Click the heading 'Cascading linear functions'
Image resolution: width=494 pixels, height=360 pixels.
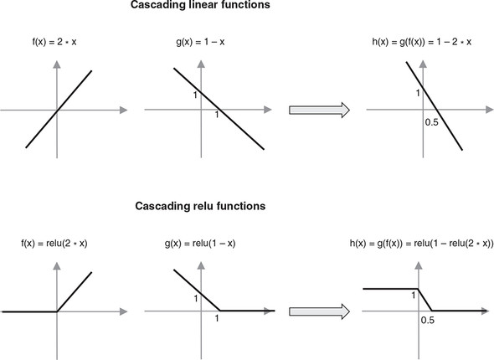tap(200, 5)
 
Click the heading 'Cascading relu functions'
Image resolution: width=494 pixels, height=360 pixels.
tap(200, 206)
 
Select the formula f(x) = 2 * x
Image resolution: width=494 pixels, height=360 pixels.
tap(54, 42)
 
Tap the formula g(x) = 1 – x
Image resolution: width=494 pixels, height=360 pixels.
tap(200, 42)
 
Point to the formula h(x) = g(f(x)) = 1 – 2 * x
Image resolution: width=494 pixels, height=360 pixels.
tap(421, 42)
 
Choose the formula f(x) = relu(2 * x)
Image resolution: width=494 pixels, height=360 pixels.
tap(54, 243)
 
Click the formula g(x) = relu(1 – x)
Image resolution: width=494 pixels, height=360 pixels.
tap(200, 243)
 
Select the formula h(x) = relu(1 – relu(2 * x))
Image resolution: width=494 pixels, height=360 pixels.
tap(421, 243)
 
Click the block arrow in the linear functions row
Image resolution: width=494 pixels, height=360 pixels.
tap(320, 110)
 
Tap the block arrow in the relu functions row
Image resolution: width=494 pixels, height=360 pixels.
tap(320, 311)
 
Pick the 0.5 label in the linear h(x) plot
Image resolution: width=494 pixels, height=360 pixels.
tap(431, 122)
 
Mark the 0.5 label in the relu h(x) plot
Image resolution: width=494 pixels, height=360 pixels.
tap(428, 321)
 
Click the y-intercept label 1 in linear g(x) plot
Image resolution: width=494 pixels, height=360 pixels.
tap(195, 95)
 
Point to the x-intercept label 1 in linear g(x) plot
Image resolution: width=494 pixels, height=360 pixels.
tap(217, 115)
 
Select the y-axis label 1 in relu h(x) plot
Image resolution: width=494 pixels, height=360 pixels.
tap(414, 296)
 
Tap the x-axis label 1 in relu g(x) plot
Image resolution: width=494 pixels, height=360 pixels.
tap(217, 318)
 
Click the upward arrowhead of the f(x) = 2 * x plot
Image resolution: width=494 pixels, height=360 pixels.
tap(57, 64)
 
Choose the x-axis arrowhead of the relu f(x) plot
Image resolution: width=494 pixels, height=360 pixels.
tap(124, 311)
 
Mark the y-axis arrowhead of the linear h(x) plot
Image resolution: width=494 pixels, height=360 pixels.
tap(423, 64)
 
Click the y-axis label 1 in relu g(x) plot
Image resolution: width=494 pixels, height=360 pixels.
tap(196, 298)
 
